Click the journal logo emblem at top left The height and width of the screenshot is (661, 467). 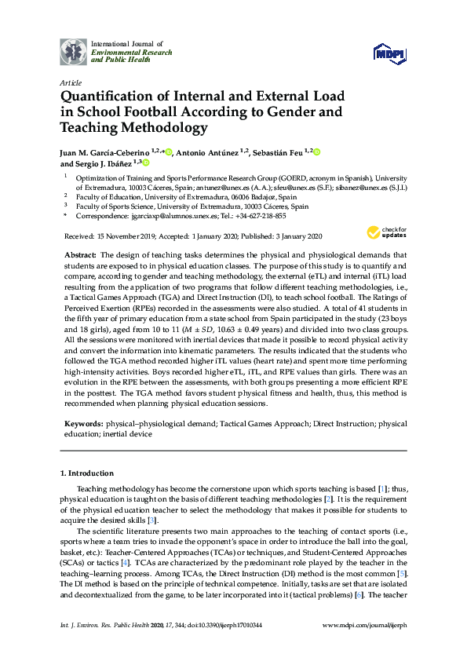(x=74, y=51)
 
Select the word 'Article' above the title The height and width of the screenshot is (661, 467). (x=71, y=82)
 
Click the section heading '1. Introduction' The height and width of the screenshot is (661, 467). (x=87, y=473)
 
